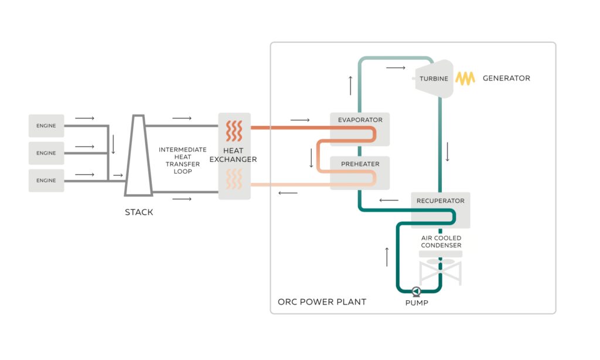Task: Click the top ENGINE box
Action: click(x=46, y=125)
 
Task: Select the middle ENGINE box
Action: click(x=46, y=153)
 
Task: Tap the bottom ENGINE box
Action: click(x=46, y=181)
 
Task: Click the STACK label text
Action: click(x=139, y=212)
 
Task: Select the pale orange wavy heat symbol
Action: click(x=234, y=179)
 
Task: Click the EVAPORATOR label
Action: click(x=360, y=120)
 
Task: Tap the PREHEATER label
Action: click(x=360, y=164)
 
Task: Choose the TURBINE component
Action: click(x=434, y=79)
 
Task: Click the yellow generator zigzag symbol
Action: click(x=466, y=79)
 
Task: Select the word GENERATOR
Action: click(x=506, y=79)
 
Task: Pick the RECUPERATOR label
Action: click(x=440, y=201)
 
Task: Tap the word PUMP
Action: click(x=417, y=303)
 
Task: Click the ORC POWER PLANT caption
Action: click(x=322, y=302)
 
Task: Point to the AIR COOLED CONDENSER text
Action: click(x=441, y=242)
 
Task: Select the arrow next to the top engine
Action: click(x=85, y=118)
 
